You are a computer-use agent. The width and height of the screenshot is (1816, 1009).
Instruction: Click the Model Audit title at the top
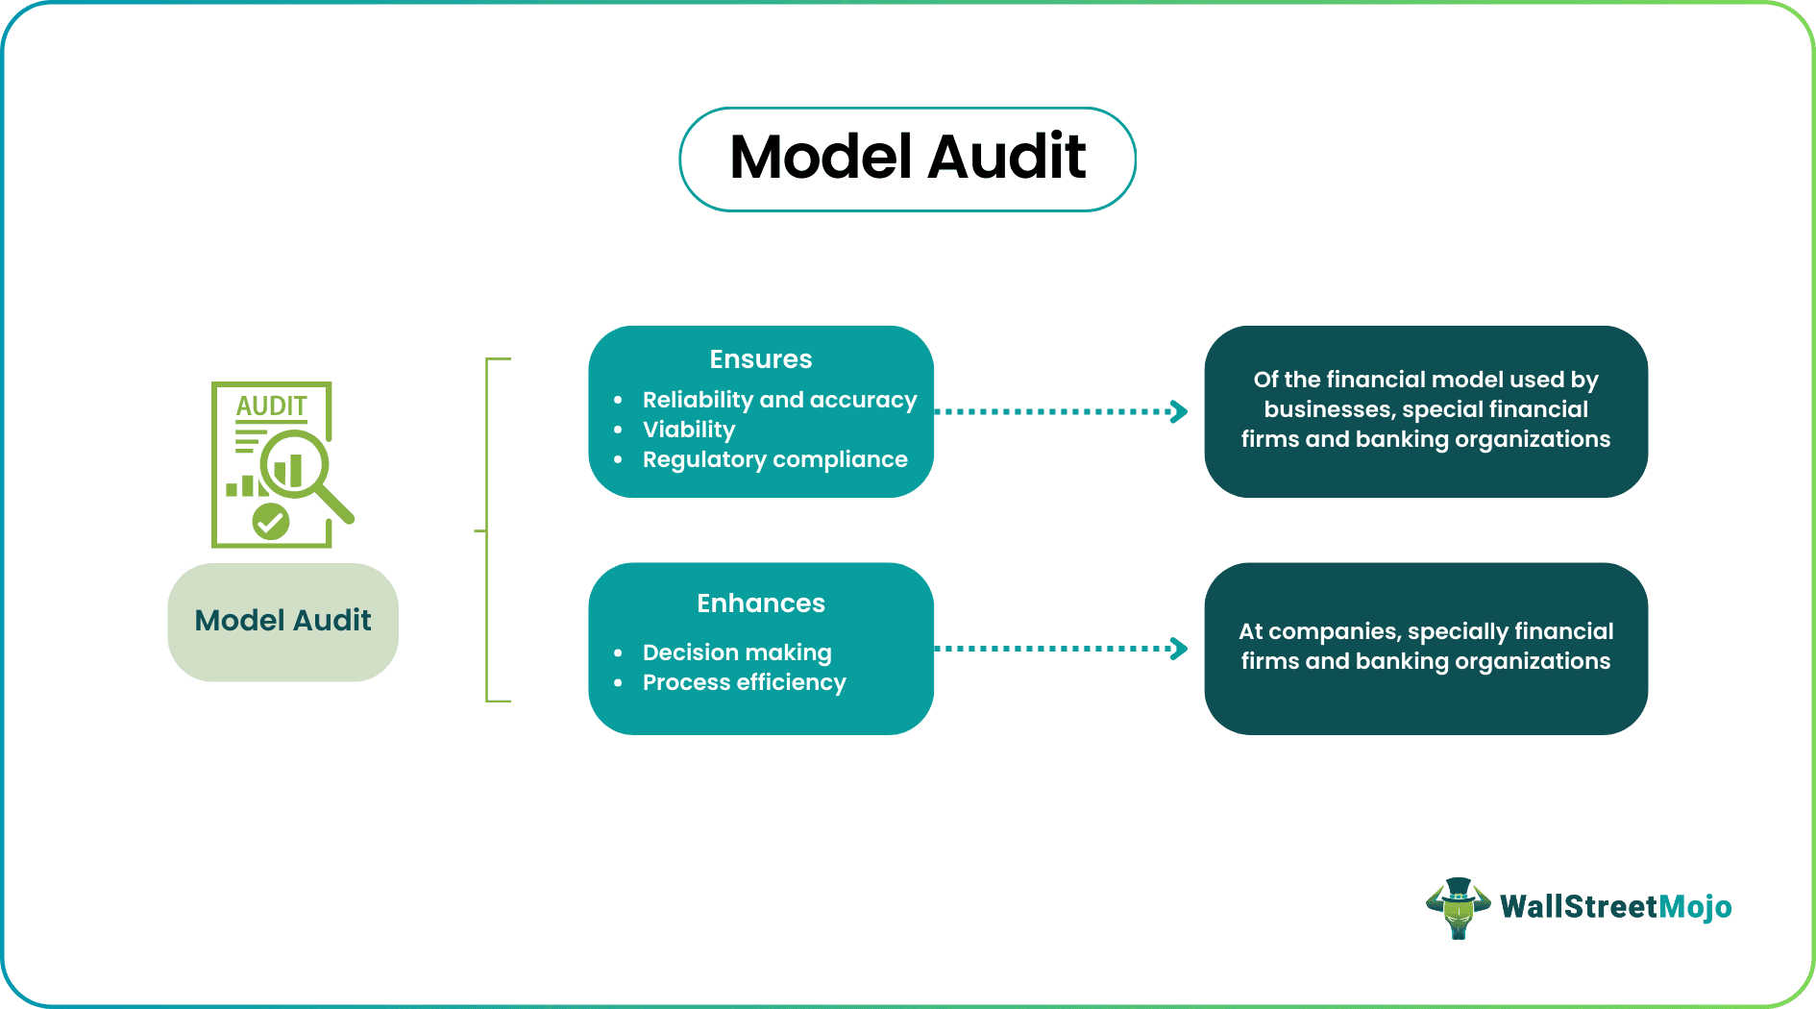[x=907, y=159]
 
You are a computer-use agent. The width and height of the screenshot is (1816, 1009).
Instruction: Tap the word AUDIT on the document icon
[x=271, y=406]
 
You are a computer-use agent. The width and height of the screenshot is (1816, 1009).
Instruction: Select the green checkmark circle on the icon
[x=271, y=522]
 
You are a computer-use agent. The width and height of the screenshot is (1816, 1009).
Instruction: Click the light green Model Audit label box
[x=282, y=622]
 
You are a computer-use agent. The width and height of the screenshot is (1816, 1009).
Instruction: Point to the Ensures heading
[x=760, y=359]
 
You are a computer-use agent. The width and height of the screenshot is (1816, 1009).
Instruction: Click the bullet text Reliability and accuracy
[x=779, y=400]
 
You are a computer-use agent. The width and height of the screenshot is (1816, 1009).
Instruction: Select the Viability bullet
[x=689, y=430]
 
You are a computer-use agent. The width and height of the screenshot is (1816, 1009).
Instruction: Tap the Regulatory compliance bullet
[x=774, y=459]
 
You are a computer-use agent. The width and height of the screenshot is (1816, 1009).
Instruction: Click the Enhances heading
[x=760, y=603]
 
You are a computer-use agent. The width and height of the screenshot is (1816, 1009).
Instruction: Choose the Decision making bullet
[x=737, y=652]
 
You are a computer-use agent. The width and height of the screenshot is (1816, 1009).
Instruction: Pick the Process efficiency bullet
[x=744, y=682]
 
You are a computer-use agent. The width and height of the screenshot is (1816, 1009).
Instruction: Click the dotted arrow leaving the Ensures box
[x=1061, y=411]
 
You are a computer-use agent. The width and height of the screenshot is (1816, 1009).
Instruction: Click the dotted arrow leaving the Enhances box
[x=1061, y=649]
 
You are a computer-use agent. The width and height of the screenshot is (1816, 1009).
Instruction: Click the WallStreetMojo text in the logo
[x=1615, y=907]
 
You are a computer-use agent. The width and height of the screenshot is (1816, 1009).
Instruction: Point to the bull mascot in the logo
[x=1458, y=907]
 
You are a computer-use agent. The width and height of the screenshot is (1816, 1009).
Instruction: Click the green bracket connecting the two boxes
[x=487, y=529]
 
